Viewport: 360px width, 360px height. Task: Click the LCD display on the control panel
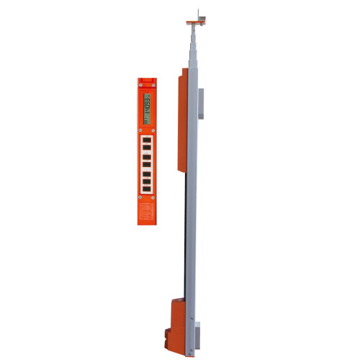click(x=145, y=106)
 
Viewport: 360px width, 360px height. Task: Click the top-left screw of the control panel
click(x=140, y=86)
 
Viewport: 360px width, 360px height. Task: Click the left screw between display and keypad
click(x=140, y=130)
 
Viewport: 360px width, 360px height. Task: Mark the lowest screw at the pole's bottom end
click(x=191, y=352)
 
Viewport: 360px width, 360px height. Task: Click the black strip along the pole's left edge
click(x=186, y=238)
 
